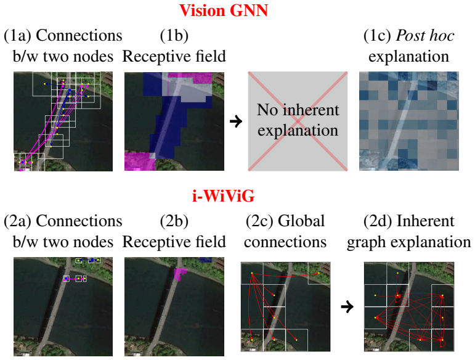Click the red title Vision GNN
(224, 10)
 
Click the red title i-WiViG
(224, 196)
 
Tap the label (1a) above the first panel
(18, 36)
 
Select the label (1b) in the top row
(174, 36)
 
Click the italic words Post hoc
(425, 36)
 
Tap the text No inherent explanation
(298, 120)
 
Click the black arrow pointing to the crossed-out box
(236, 121)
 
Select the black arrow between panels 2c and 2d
(347, 306)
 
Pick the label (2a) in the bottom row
(18, 221)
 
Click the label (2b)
(174, 221)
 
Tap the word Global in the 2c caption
(301, 221)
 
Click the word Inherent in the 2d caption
(425, 221)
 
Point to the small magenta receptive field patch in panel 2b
(181, 274)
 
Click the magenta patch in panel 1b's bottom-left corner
(140, 162)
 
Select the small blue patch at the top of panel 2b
(206, 260)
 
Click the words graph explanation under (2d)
(409, 242)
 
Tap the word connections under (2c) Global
(285, 242)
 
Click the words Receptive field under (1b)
(174, 56)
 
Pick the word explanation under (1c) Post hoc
(408, 57)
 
